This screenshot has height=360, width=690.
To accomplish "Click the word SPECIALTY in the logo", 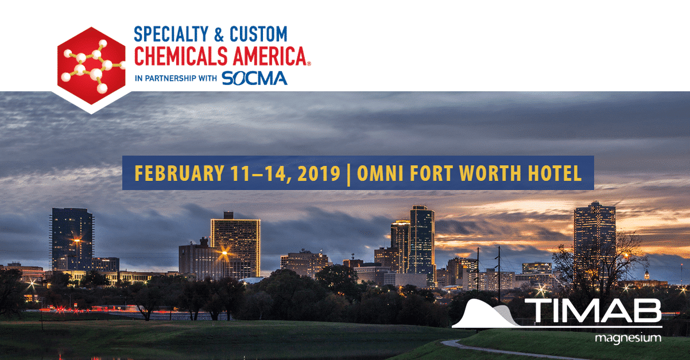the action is pyautogui.click(x=171, y=34).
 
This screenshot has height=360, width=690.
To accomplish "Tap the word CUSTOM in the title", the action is pyautogui.click(x=258, y=34).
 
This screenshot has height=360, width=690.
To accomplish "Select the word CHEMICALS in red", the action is pyautogui.click(x=181, y=56).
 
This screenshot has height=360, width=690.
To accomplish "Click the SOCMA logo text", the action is pyautogui.click(x=254, y=78).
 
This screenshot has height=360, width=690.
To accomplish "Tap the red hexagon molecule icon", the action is pyautogui.click(x=91, y=66).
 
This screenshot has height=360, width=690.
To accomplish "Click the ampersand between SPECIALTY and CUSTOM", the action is pyautogui.click(x=219, y=34).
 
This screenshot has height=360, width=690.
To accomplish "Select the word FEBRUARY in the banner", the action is pyautogui.click(x=179, y=173).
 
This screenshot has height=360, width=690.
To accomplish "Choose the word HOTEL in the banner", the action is pyautogui.click(x=555, y=173).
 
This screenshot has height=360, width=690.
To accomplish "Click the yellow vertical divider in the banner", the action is pyautogui.click(x=348, y=175).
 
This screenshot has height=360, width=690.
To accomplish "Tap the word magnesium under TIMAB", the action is pyautogui.click(x=628, y=338).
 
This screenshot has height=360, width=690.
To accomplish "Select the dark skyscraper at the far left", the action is pyautogui.click(x=72, y=239).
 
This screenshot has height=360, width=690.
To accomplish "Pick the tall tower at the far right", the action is pyautogui.click(x=595, y=241).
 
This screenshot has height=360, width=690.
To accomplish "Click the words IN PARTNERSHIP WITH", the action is pyautogui.click(x=176, y=78).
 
